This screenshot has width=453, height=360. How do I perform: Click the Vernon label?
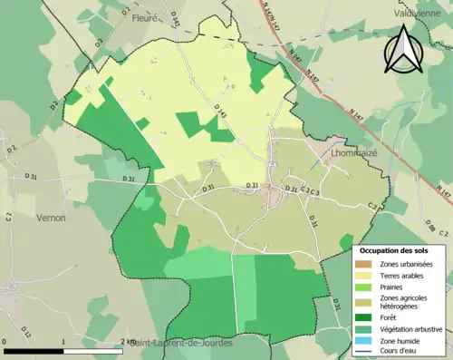click(50, 218)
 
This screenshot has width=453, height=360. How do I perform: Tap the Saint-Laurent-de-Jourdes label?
click(180, 344)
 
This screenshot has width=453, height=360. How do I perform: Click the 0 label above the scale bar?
click(5, 341)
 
